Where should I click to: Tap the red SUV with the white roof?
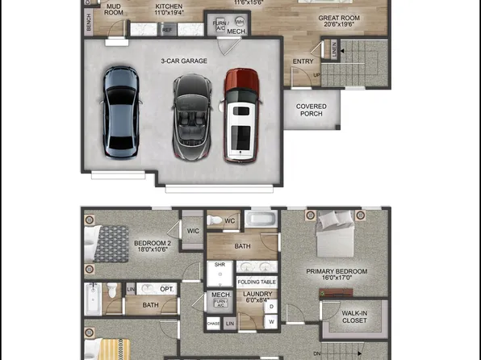[241, 115]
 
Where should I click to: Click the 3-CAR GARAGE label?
[183, 61]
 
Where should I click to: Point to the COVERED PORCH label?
[312, 110]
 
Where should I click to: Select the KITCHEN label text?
[169, 10]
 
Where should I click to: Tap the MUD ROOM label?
[115, 10]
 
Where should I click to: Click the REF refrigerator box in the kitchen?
[167, 30]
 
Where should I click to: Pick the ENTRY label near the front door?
[303, 61]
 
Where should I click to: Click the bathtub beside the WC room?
[260, 220]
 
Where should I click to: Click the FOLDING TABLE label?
[257, 282]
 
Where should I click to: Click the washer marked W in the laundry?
[271, 322]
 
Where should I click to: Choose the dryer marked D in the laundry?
[271, 306]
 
